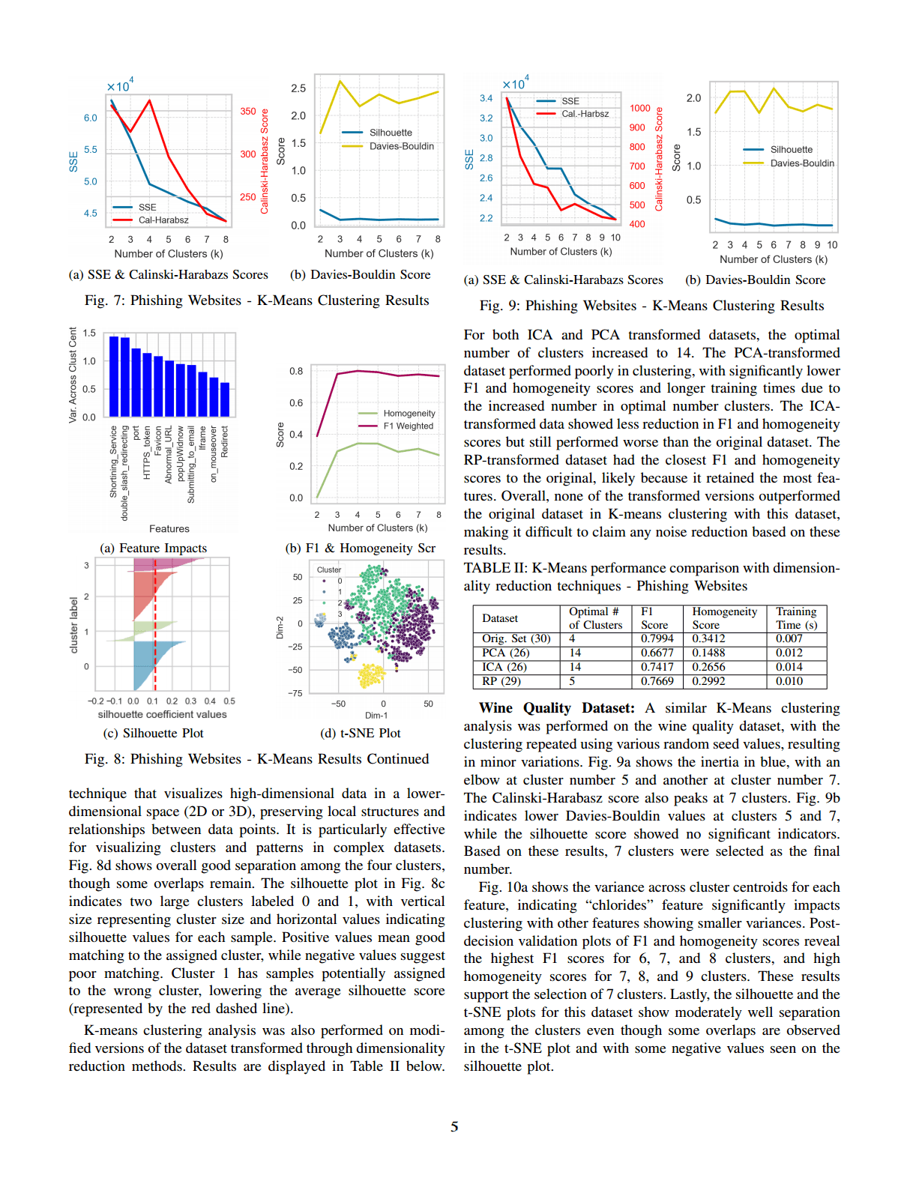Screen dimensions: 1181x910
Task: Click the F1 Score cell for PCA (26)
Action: pos(657,653)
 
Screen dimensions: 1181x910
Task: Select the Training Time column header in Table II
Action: pos(796,618)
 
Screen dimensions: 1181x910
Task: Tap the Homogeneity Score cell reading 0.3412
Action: pos(708,638)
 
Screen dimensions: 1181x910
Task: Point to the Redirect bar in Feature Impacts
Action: pos(225,399)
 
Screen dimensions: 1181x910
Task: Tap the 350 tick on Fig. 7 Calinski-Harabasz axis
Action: pos(248,111)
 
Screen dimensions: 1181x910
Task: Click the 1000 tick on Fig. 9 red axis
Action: pos(639,108)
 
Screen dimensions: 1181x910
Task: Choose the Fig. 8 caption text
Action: pos(256,759)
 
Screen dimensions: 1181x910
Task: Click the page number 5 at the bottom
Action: pos(454,1127)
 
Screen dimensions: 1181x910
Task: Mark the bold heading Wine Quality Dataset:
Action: pos(556,708)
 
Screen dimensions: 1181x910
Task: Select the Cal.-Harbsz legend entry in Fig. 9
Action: pos(585,114)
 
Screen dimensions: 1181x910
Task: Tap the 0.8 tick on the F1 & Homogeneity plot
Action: pos(296,371)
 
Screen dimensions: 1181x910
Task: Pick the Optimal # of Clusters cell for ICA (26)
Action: pos(575,667)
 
